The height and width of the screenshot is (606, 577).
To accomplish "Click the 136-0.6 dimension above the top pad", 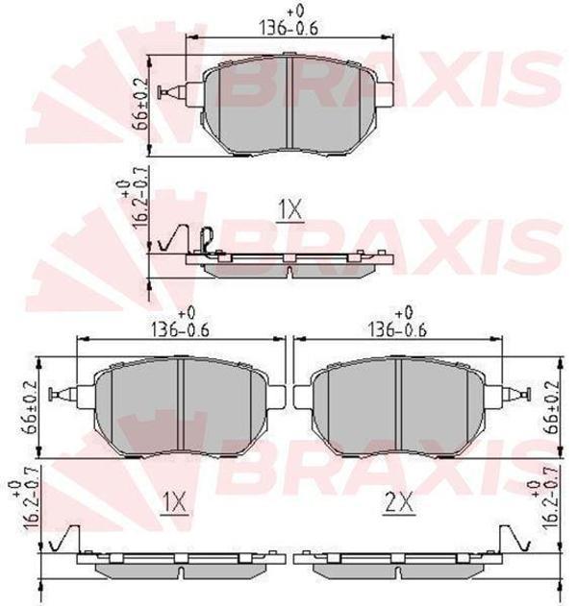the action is pos(288,28).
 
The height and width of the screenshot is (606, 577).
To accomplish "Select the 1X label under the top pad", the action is pos(290,210).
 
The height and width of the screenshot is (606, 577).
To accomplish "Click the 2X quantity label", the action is pos(399,503).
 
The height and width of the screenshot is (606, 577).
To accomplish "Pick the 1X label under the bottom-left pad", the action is pos(174,503).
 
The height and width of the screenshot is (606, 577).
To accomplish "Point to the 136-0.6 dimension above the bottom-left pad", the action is pos(181,328).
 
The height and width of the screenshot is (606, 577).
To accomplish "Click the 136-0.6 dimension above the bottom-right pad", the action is pos(397,328).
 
